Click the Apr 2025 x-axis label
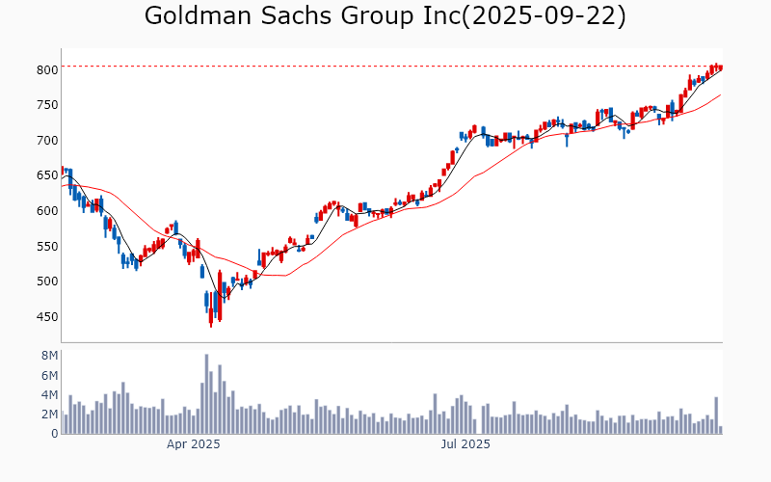193,444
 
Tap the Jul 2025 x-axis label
465,444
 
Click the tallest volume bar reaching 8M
206,394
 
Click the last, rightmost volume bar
720,430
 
